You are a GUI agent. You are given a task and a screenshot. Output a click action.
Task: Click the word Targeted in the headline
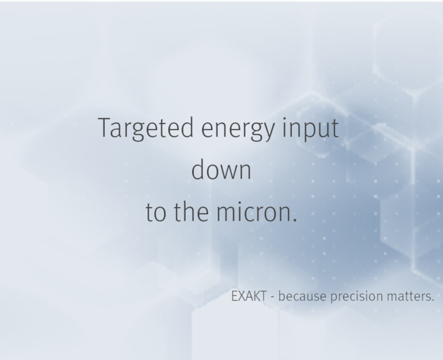coord(146,128)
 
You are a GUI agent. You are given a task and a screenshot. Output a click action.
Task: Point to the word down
coord(221,170)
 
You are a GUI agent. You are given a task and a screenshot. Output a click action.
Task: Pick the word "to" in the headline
coord(155,213)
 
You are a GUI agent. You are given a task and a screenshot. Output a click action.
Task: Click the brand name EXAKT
coord(249,297)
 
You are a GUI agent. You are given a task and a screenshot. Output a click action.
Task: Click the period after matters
coord(433,301)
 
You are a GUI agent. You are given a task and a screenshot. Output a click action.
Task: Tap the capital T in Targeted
coord(104,128)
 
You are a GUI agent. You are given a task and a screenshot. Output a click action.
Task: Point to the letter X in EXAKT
coord(242,297)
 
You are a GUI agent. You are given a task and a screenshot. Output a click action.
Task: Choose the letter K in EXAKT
coord(256,297)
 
